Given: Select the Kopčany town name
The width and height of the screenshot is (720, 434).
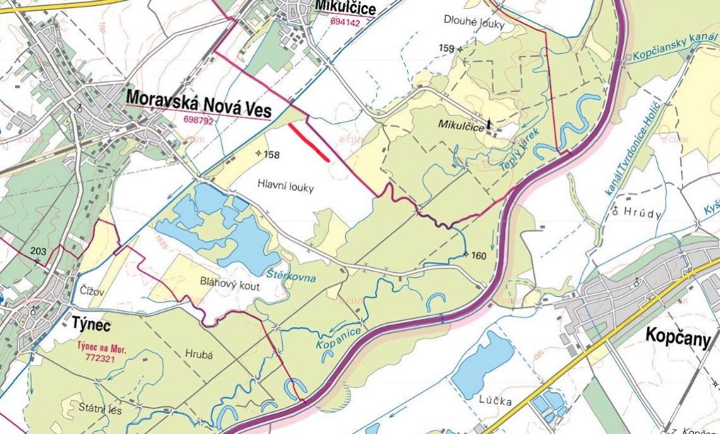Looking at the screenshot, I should coord(678,336).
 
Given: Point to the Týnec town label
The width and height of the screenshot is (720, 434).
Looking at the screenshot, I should coord(88,325).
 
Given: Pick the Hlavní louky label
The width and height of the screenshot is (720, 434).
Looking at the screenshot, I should coord(286,186).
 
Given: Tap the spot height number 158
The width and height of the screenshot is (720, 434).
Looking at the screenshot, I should coord(272,155).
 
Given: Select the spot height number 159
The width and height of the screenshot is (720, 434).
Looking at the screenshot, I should coord(446,49).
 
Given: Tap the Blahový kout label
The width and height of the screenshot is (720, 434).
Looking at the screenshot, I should coord(229,284).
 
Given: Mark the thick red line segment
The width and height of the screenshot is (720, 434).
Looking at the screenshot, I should coord(309,142).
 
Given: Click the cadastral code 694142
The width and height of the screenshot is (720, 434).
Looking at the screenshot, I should coord(345,23).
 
